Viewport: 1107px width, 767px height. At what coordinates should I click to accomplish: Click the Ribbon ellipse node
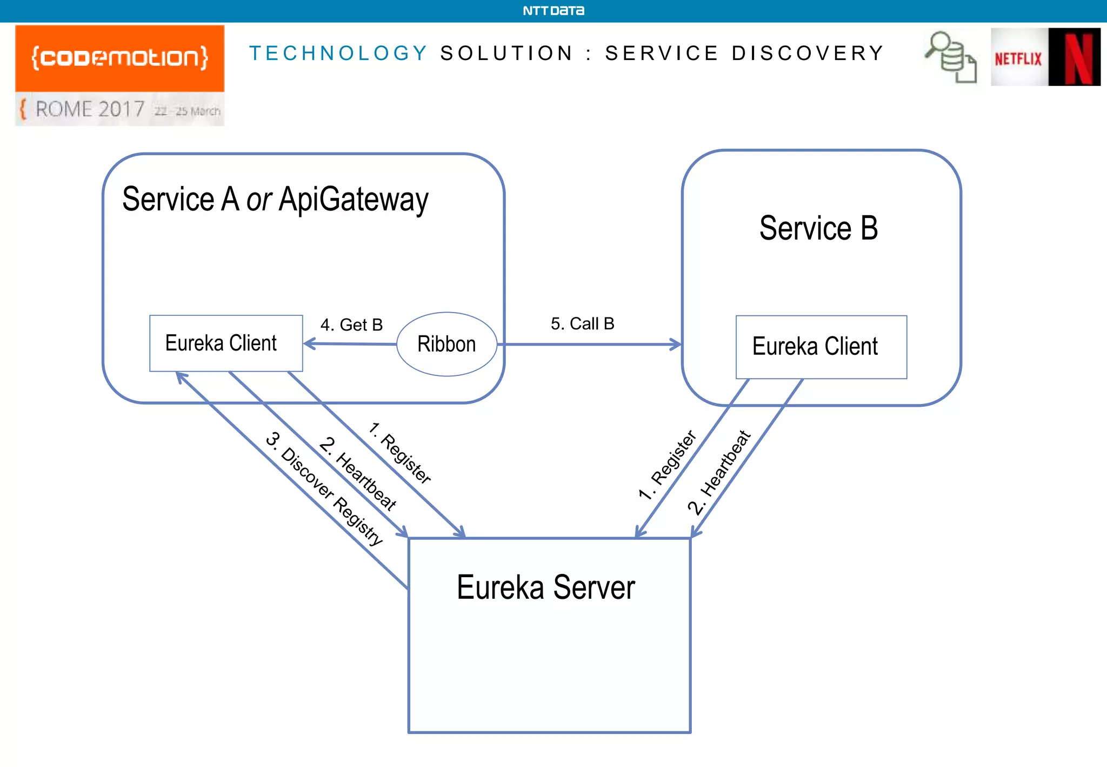coord(446,344)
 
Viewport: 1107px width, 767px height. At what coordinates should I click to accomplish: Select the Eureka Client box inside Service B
coord(821,347)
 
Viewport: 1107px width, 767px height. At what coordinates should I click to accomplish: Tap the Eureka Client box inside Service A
coord(225,343)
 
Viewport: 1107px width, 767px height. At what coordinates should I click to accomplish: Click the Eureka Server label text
coord(545,587)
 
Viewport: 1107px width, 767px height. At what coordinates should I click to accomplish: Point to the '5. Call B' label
coord(582,323)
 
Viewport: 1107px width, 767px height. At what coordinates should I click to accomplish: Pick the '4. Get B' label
coord(351,325)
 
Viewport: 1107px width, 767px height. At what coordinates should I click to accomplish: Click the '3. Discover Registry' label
coord(324,488)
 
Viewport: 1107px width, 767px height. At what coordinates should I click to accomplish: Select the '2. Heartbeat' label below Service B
coord(719,472)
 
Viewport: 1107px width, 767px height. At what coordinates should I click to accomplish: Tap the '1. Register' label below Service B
coord(668,465)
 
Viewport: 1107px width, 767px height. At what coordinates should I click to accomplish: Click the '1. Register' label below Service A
coord(400,453)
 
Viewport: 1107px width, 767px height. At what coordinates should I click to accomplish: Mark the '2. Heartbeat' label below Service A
coord(358,474)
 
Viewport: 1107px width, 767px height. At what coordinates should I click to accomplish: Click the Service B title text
coord(818,228)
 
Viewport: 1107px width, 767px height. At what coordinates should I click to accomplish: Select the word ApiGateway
coord(354,200)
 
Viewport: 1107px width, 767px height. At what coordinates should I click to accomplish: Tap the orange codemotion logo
coord(119,58)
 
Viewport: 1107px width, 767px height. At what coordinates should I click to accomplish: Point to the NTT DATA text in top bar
coord(553,11)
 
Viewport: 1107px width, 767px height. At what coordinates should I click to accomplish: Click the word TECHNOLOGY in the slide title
coord(338,53)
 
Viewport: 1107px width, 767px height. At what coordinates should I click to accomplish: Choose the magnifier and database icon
coord(951,57)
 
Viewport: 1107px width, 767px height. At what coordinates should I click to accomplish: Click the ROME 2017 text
coord(90,110)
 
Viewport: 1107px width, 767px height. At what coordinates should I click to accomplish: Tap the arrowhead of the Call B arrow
coord(676,344)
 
